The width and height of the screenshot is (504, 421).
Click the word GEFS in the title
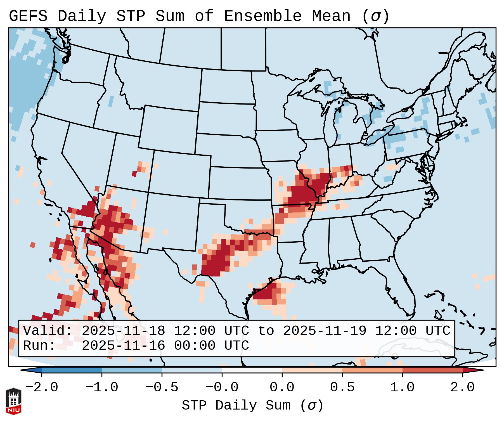coord(28,16)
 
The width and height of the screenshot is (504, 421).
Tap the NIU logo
coord(13,401)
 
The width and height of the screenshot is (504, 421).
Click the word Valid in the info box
coord(48,331)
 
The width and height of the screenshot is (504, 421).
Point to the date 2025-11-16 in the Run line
coord(123,346)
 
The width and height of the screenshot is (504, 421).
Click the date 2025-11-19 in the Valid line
coord(325,331)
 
